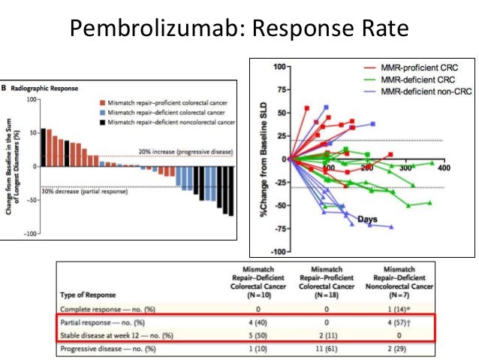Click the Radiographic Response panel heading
(46, 86)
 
